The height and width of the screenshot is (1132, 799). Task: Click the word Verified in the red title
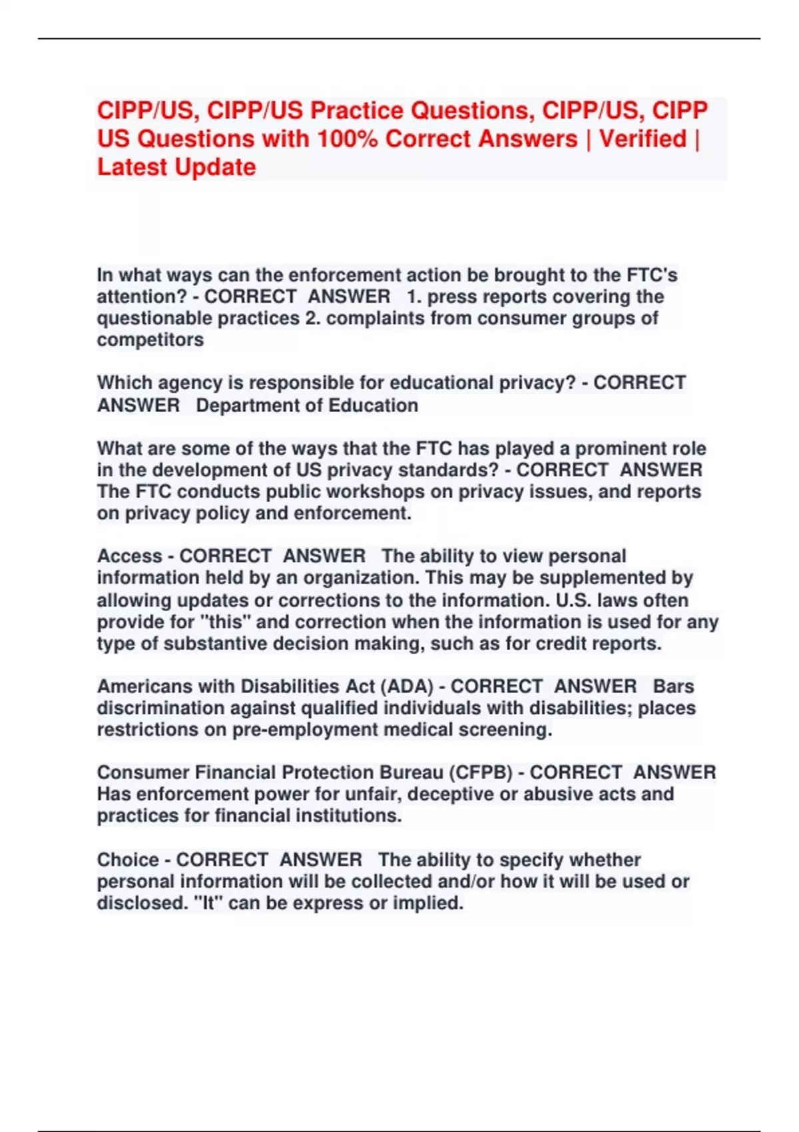(x=643, y=139)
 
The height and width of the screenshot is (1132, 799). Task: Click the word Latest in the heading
(x=133, y=166)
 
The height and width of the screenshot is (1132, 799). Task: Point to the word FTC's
(x=653, y=274)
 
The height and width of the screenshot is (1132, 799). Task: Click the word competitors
(x=150, y=340)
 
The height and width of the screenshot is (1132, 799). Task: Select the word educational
(x=434, y=383)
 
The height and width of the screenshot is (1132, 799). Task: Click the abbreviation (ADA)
(x=406, y=687)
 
